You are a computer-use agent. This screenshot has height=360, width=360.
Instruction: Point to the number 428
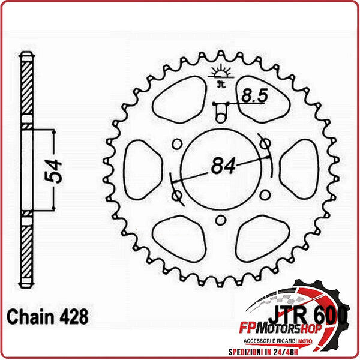coord(72,316)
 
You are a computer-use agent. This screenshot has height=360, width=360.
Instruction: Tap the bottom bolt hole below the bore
coord(220,219)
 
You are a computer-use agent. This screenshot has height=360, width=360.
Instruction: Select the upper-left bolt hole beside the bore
coord(176,145)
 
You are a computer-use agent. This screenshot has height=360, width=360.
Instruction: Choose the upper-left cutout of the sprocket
coord(176,100)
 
